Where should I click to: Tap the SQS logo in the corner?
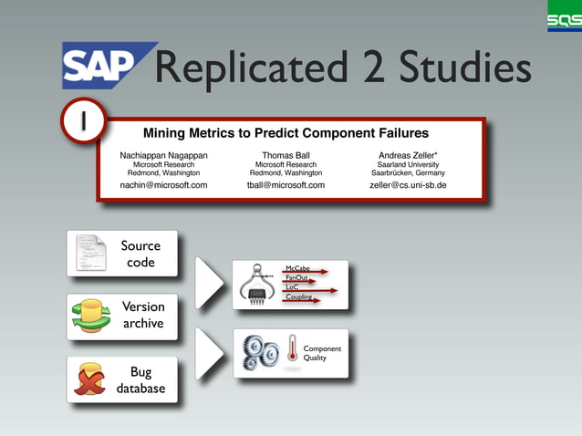[564, 16]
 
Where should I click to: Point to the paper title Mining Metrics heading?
[286, 132]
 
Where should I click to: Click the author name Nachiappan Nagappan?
[163, 155]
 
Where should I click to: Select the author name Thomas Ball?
[286, 155]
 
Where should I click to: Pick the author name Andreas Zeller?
[408, 155]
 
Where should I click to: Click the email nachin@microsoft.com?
[163, 185]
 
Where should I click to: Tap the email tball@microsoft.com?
[286, 185]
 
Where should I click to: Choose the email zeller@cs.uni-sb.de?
[408, 185]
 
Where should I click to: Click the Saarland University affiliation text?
[408, 164]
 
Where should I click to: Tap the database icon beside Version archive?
[90, 316]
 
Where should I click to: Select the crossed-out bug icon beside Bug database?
[89, 379]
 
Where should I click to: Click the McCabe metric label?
[297, 268]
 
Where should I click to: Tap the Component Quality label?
[321, 353]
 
